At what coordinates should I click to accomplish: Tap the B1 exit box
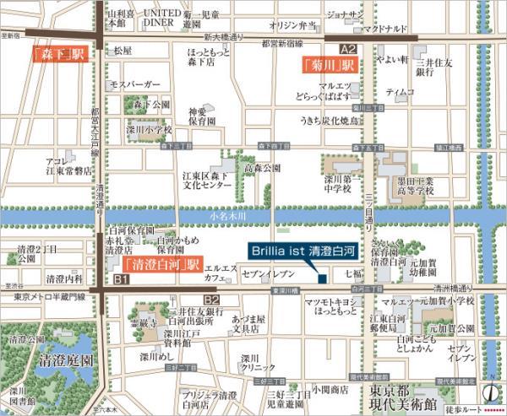coord(121,278)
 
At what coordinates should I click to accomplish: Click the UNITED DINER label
coord(160,20)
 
